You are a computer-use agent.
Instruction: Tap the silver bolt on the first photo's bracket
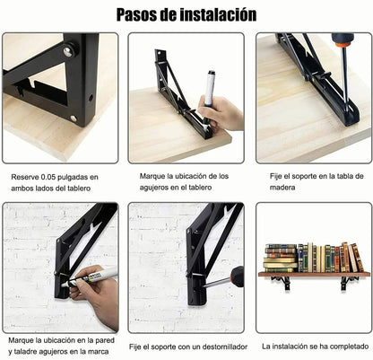click(67, 52)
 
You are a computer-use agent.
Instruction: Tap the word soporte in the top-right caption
click(306, 177)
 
